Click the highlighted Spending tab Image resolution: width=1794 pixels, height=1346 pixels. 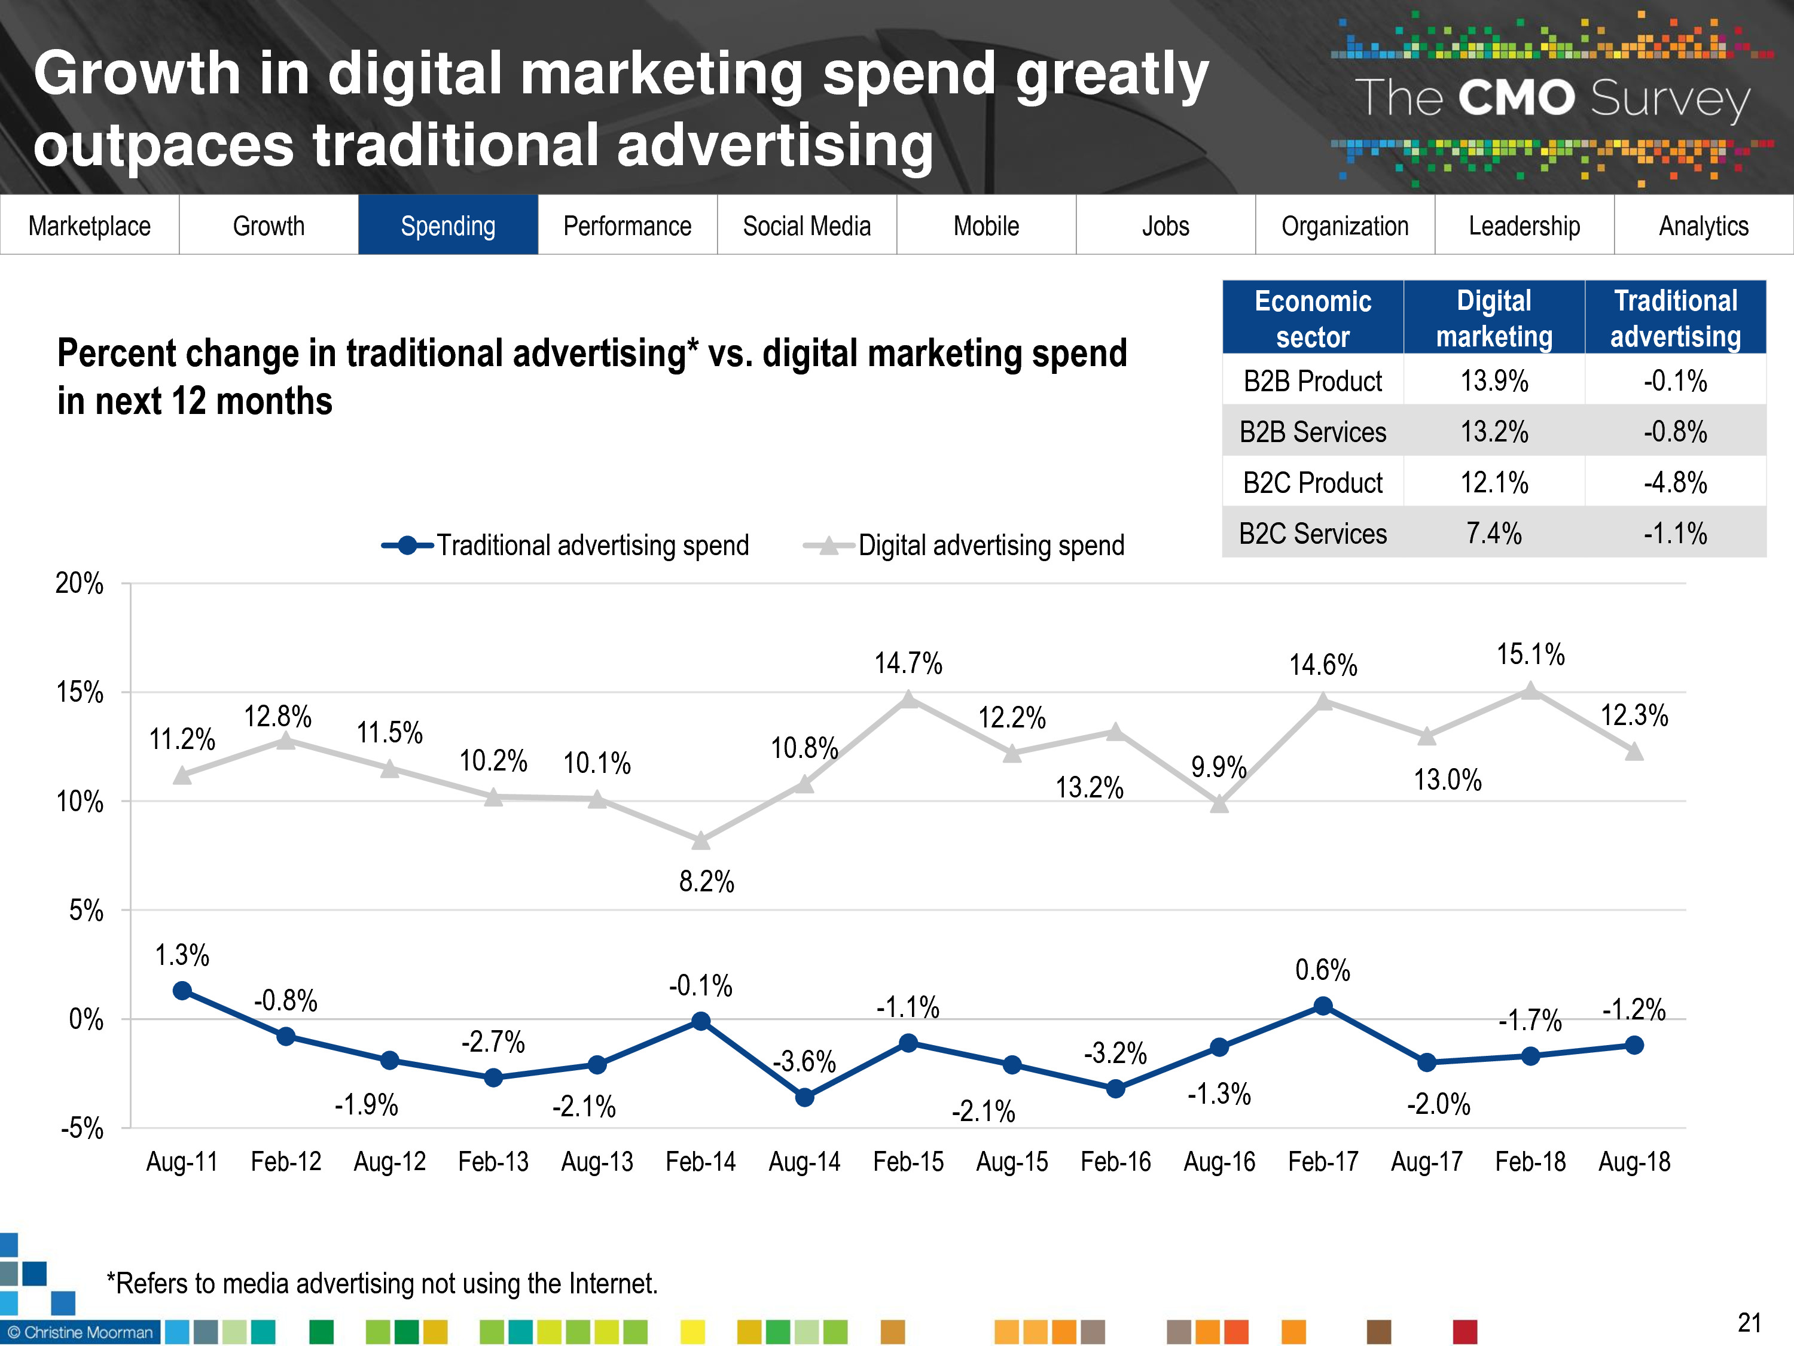point(448,226)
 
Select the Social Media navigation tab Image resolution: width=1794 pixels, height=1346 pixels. point(806,226)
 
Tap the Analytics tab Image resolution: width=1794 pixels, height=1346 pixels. point(1703,226)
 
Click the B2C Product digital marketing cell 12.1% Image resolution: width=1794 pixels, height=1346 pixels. point(1494,483)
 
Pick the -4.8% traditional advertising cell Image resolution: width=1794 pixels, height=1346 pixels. point(1675,483)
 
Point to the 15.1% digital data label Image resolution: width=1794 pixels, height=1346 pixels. point(1530,654)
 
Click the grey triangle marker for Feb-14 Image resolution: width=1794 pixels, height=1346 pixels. point(701,841)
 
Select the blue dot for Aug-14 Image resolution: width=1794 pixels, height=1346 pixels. point(804,1098)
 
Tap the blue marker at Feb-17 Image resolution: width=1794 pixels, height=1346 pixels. point(1323,1006)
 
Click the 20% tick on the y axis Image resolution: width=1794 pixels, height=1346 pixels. point(80,583)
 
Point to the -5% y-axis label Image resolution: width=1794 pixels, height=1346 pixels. point(82,1129)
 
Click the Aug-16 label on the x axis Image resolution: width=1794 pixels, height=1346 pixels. point(1219,1162)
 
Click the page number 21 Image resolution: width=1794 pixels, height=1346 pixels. point(1749,1323)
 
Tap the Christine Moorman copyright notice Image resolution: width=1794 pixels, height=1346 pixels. point(80,1332)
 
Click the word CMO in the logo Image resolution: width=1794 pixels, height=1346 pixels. point(1516,98)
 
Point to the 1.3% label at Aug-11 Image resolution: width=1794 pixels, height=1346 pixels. point(182,955)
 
